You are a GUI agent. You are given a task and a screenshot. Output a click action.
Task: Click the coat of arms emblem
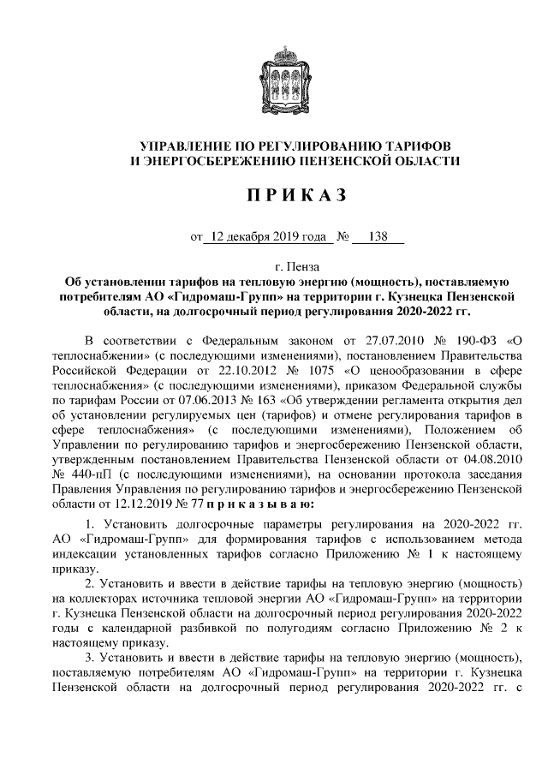click(274, 75)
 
